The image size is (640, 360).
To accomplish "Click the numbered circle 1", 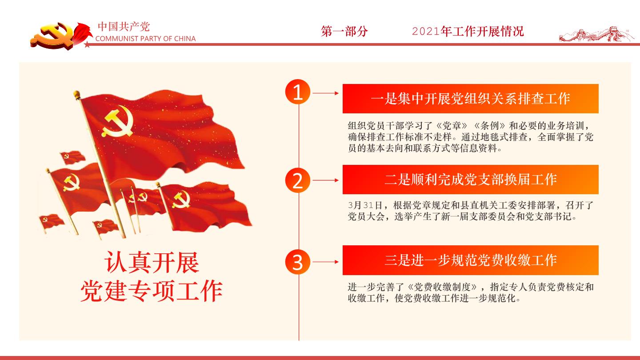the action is coord(297,92).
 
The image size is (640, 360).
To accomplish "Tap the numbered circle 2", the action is coord(297,180).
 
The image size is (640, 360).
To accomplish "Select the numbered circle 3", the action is coord(297,262).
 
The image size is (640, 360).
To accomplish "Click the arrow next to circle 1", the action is coord(326,93).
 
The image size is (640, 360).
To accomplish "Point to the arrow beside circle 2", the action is coord(326,180).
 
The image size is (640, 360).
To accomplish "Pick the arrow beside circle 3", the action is coord(326,262).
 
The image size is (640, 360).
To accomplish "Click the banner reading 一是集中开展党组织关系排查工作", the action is coord(471,99).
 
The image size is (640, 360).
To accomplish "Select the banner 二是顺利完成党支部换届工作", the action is coord(471,180).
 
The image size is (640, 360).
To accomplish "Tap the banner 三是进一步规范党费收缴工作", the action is coord(471,260).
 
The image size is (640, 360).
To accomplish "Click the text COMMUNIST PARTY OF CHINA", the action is coord(145,39).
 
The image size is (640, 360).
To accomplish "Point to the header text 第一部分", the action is coord(344,31).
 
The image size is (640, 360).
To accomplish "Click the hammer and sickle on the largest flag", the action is coord(117,121).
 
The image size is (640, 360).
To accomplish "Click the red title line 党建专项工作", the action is coord(152,291).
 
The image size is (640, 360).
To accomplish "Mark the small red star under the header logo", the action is coord(87,44).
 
